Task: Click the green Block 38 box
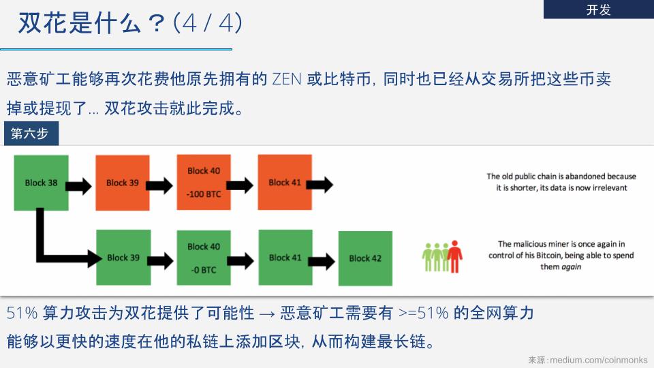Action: click(x=41, y=183)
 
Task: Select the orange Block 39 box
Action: click(x=123, y=183)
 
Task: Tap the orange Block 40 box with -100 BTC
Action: click(x=204, y=182)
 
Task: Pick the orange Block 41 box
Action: click(x=284, y=182)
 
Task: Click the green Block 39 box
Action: click(x=123, y=258)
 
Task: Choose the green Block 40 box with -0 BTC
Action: click(x=204, y=258)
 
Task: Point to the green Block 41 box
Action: click(x=285, y=257)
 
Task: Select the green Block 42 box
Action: click(x=365, y=258)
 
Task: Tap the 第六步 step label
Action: click(x=30, y=134)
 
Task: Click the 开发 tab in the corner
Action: click(x=598, y=10)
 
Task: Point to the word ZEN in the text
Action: click(x=286, y=79)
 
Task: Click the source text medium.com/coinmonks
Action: click(x=598, y=359)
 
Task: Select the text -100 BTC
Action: click(x=204, y=194)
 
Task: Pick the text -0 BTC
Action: click(x=204, y=270)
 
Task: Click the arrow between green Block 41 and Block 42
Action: click(x=325, y=260)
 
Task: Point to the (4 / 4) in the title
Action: click(x=208, y=23)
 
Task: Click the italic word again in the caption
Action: click(x=571, y=267)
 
